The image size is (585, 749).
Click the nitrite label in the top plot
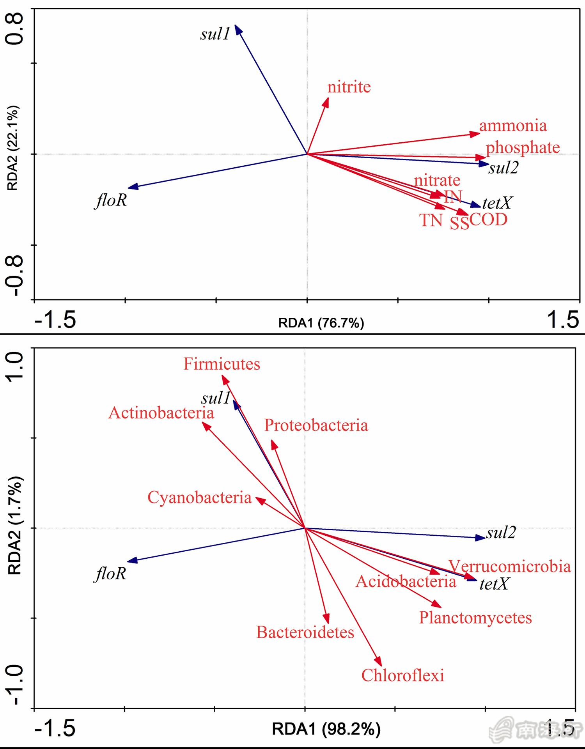point(349,87)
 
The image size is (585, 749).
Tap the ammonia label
point(513,126)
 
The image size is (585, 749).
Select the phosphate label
point(523,147)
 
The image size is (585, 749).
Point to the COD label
point(488,220)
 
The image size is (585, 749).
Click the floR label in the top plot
point(111,200)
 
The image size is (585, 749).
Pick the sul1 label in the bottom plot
point(216,398)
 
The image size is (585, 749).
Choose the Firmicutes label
point(222,364)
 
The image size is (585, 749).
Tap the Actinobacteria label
point(161,413)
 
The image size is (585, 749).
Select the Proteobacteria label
point(316,425)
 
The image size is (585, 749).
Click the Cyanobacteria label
point(199,498)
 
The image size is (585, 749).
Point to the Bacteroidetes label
point(305,632)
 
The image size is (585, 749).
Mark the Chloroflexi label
point(402,675)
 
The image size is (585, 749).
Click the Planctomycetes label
point(475,618)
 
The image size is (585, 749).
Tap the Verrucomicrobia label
point(509,566)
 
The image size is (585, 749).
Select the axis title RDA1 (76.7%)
point(321,323)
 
